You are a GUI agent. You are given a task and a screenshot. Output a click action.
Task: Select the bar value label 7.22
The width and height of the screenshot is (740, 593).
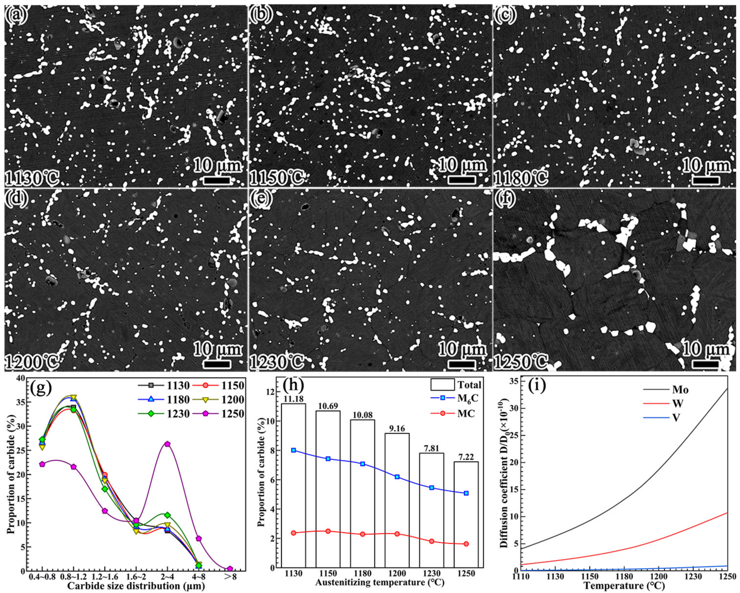click(x=466, y=457)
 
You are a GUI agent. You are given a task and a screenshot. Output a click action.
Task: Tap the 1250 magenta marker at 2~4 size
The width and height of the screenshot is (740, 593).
click(x=167, y=444)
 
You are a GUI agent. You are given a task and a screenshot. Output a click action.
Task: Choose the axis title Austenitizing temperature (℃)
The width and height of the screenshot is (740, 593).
click(x=379, y=582)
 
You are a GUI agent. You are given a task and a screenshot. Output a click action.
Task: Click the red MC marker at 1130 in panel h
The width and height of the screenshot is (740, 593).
click(x=293, y=533)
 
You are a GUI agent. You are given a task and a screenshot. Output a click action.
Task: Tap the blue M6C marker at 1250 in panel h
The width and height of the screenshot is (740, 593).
click(x=466, y=493)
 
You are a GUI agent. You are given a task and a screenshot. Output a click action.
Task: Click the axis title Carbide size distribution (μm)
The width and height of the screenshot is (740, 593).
click(x=136, y=586)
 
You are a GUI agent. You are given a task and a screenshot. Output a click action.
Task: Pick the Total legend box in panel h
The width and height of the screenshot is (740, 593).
click(x=442, y=384)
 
